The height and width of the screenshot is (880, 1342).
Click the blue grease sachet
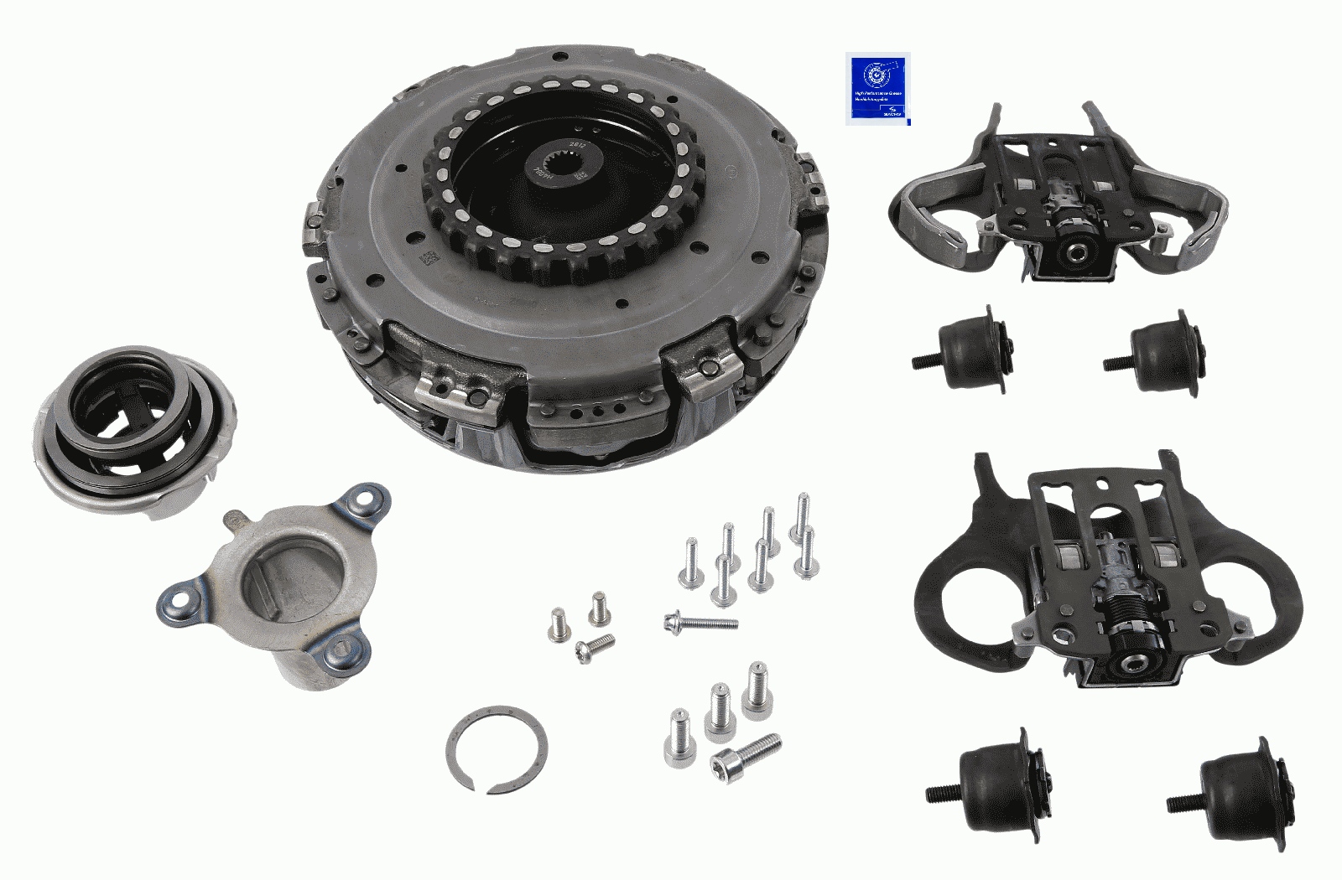[879, 88]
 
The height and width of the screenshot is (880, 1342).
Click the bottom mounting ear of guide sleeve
[343, 650]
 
